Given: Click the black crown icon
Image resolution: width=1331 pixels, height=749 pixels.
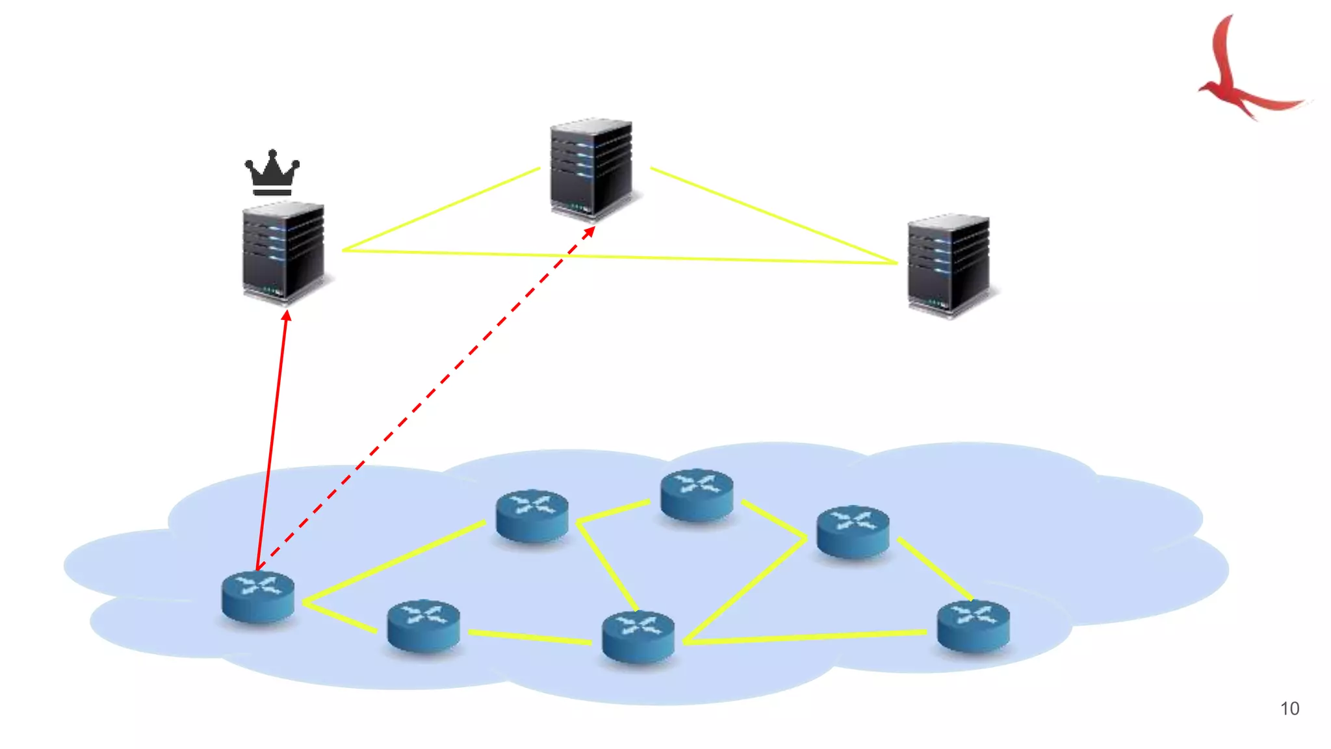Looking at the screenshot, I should (272, 173).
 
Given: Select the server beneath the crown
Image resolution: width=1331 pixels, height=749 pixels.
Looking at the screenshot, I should (283, 254).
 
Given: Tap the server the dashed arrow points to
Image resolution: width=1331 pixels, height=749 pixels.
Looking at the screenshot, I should (591, 169).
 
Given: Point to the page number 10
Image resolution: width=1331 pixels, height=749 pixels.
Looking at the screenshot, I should (1289, 709).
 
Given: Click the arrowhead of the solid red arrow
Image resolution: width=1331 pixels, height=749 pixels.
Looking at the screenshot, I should (287, 316).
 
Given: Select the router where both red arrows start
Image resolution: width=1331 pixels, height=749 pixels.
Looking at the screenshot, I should (257, 596).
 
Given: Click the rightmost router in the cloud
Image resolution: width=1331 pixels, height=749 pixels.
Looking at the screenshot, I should (973, 625).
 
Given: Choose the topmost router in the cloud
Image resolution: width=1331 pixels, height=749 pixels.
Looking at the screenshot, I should (697, 494).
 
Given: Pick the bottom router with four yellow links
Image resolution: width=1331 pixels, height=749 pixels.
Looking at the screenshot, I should (638, 637).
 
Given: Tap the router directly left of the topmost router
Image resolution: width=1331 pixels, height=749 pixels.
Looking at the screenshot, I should (532, 515).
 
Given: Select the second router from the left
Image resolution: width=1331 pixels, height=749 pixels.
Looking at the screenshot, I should (423, 625).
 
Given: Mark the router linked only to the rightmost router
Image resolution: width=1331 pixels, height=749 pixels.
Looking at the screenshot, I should (853, 531).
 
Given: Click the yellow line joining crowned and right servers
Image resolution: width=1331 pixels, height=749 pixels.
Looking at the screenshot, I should (715, 259).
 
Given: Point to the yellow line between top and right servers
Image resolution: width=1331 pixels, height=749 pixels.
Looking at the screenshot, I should (773, 216).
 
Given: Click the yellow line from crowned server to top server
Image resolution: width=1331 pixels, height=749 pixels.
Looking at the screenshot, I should (442, 209).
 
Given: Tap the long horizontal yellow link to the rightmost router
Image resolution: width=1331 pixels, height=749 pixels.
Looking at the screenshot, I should (806, 637).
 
